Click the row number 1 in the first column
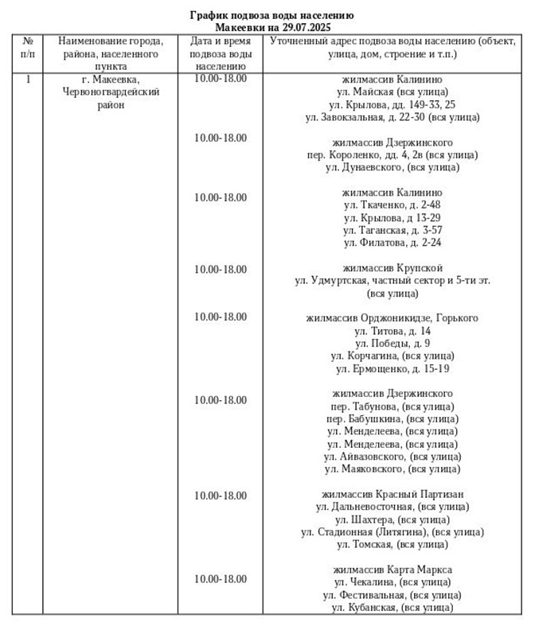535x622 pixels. click(x=29, y=80)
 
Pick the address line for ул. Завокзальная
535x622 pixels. click(x=392, y=117)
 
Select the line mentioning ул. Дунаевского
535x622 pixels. click(x=392, y=167)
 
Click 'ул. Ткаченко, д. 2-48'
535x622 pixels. click(x=392, y=204)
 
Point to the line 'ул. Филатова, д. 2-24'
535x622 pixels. click(x=392, y=242)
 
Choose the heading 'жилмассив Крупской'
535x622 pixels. click(x=392, y=267)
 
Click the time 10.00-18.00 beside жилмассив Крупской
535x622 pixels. click(x=221, y=268)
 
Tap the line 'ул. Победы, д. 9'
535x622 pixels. click(x=392, y=343)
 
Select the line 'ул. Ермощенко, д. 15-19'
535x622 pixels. click(x=392, y=368)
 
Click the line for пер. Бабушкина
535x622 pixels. click(x=392, y=418)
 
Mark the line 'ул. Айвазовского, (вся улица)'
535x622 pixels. click(x=392, y=457)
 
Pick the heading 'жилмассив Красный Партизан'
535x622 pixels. click(x=392, y=494)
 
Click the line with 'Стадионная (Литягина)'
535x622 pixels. click(x=392, y=531)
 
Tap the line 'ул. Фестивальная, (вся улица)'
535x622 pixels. click(x=392, y=595)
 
